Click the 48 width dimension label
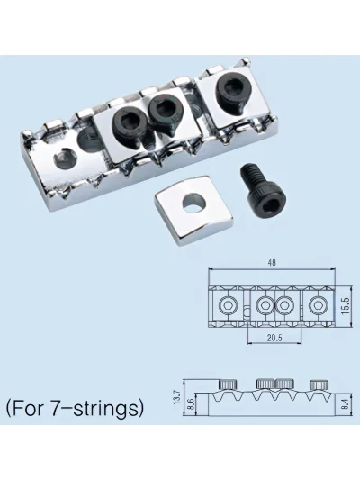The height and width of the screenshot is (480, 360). [272, 263]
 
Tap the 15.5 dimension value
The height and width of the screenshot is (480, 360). [346, 305]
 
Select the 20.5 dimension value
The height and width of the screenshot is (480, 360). [274, 338]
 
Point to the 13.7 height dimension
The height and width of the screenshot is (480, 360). [177, 397]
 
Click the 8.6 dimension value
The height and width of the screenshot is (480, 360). [191, 404]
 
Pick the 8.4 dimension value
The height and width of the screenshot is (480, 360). [346, 404]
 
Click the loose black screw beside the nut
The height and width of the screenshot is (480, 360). [264, 189]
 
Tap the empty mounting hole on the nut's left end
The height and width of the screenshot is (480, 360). [65, 158]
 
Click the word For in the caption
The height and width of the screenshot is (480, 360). [29, 408]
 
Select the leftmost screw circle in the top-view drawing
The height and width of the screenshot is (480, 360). [229, 305]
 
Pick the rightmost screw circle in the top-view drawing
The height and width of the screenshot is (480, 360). [318, 305]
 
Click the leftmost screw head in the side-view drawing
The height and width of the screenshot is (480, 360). [228, 385]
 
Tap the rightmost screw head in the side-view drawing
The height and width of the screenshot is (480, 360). [319, 385]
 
